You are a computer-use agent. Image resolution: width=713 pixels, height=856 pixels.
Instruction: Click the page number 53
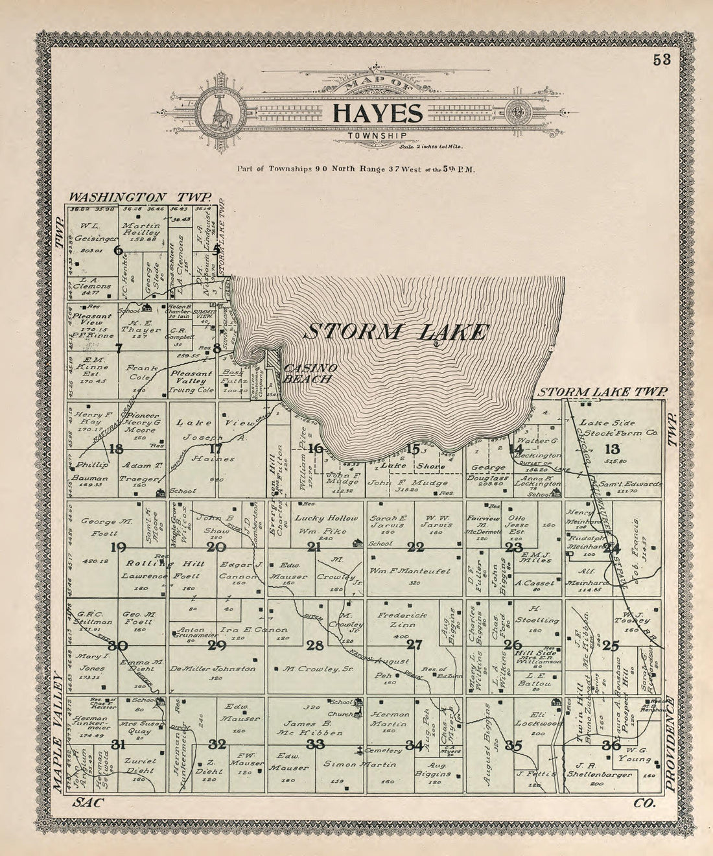point(661,60)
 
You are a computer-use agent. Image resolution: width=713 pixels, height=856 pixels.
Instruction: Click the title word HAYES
point(377,113)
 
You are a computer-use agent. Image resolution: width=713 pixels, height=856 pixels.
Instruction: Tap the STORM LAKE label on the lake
point(395,332)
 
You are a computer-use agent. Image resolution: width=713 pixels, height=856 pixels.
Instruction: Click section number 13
point(612,449)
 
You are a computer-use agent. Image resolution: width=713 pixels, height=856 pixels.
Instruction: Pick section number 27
point(414,645)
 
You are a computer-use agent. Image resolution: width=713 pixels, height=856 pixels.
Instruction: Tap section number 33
point(316,744)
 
